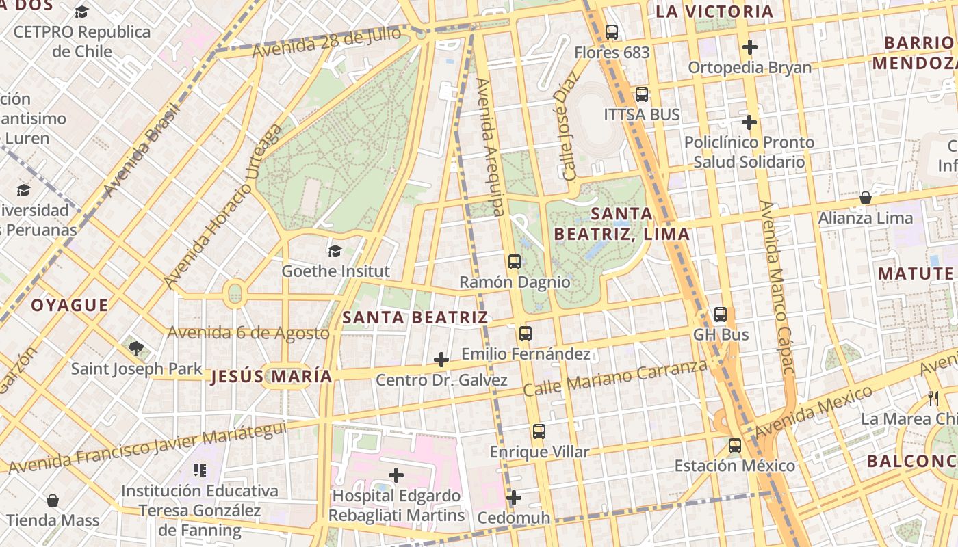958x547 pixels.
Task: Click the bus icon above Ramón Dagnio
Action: (514, 261)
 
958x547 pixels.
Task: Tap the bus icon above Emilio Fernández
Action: (525, 333)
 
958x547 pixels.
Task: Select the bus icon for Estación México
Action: (734, 446)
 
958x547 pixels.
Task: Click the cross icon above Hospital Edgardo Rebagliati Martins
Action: (396, 475)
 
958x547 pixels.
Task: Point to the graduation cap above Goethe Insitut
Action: (335, 251)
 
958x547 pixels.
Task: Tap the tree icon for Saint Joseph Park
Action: (136, 349)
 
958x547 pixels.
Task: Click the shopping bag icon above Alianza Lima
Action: (865, 198)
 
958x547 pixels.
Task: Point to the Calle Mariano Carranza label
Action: (614, 378)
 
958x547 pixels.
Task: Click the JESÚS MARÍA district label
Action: (272, 376)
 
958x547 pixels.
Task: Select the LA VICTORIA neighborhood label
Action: (714, 12)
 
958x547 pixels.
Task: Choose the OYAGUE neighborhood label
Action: (69, 305)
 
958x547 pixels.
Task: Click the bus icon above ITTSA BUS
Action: (641, 94)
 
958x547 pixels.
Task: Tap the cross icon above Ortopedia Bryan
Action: (750, 47)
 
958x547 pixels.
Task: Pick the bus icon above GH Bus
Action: (720, 315)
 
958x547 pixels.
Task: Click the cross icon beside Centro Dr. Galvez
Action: (441, 360)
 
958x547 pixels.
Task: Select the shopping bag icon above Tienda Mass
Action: (53, 501)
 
